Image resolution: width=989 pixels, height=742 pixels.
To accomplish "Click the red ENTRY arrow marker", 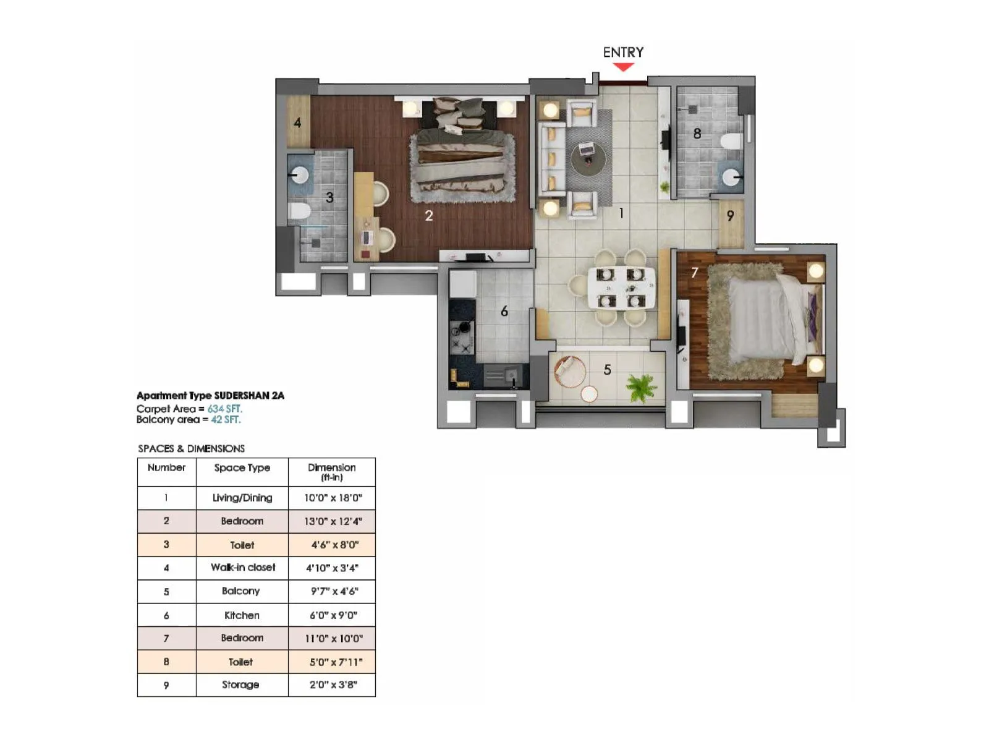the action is pos(623,67).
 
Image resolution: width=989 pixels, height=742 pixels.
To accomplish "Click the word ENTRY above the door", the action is pos(623,53).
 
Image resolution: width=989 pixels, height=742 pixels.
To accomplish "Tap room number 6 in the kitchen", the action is pos(504,312).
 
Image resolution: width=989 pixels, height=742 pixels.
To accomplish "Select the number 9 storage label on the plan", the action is pos(730,216).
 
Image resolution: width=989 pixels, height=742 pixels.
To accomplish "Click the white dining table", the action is pos(621,288).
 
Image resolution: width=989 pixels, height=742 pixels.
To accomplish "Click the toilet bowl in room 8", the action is pos(730,142).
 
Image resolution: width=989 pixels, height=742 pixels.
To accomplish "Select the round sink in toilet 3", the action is pos(299,175).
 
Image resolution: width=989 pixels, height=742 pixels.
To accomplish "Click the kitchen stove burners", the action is pos(461,336).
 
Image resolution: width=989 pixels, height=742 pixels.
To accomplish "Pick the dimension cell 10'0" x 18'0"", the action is pos(333,498).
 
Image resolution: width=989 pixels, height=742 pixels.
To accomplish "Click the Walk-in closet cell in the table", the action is pos(242,568).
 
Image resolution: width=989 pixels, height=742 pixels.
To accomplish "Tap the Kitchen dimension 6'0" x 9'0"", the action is pos(333,615).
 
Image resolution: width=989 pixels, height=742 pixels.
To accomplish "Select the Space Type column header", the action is pos(242,468).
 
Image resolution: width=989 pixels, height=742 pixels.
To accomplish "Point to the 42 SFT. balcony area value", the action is pos(226,419).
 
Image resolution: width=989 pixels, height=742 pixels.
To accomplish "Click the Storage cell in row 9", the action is pos(241,684).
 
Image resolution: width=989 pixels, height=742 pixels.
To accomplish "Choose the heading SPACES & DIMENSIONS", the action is pos(191,448).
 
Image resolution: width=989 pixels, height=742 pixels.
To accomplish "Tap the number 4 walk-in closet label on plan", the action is pos(297,122).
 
